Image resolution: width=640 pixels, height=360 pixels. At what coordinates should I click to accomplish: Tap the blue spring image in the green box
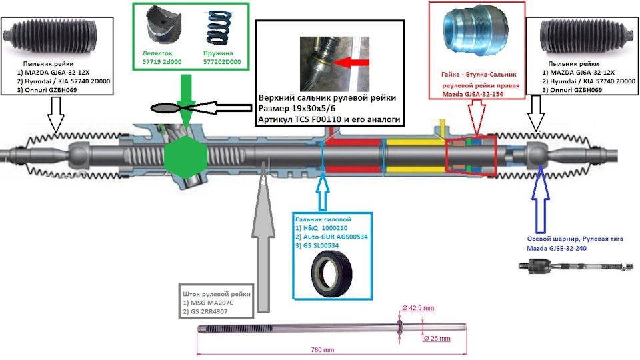pyautogui.click(x=221, y=29)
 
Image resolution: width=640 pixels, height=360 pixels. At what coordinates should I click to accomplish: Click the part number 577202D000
pyautogui.click(x=222, y=62)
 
